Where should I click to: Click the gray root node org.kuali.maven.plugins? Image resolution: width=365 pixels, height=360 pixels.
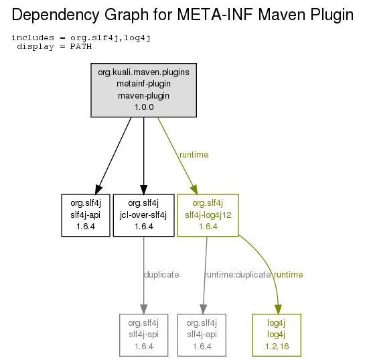(x=143, y=90)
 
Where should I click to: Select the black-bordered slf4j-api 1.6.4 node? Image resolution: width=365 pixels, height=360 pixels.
(x=86, y=215)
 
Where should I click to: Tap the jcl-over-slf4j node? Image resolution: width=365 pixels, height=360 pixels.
(x=143, y=215)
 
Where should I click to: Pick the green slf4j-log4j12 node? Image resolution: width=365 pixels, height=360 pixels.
(x=208, y=215)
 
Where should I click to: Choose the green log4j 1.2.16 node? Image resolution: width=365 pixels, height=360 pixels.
(x=277, y=335)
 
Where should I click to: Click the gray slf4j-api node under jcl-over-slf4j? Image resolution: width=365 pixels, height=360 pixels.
(x=143, y=335)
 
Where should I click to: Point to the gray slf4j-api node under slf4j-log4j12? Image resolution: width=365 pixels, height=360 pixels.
(x=202, y=335)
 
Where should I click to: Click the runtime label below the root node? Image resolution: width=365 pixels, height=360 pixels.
(x=194, y=154)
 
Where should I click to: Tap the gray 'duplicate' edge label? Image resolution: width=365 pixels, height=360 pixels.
(x=161, y=274)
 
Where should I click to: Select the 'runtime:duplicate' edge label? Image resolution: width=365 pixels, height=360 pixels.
(x=238, y=274)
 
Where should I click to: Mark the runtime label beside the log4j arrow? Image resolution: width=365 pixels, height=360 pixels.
(x=289, y=274)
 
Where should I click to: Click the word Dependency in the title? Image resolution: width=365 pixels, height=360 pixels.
(x=56, y=15)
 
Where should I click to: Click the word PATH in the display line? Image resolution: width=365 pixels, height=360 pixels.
(x=81, y=46)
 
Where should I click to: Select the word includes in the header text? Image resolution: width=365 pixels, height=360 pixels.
(x=33, y=38)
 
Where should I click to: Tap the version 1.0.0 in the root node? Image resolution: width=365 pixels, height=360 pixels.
(x=144, y=107)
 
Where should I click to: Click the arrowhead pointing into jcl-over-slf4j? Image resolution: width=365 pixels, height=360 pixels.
(x=143, y=190)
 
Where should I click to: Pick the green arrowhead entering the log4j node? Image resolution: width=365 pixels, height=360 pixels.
(x=278, y=309)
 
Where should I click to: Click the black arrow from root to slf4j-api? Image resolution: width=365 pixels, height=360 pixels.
(x=113, y=156)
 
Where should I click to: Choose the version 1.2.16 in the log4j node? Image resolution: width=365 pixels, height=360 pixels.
(x=277, y=346)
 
